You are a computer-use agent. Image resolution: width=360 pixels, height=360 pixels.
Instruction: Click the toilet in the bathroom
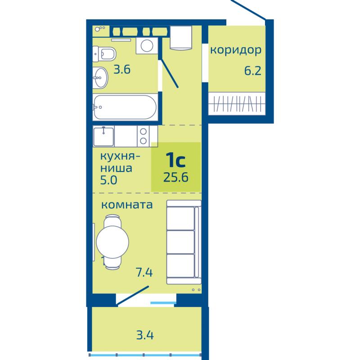(x=104, y=54)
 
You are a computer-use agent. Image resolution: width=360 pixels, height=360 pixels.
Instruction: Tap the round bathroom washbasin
(x=100, y=77)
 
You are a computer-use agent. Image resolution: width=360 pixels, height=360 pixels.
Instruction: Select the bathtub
(x=125, y=107)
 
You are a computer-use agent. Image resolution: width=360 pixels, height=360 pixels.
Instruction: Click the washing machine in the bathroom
(x=147, y=45)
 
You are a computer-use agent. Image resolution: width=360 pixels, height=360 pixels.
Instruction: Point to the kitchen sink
(x=103, y=136)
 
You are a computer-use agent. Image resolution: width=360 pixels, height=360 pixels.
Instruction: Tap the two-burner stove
(x=143, y=136)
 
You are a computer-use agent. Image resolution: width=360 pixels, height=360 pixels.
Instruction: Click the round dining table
(x=112, y=242)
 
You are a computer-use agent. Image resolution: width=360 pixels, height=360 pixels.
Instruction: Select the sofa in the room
(x=184, y=242)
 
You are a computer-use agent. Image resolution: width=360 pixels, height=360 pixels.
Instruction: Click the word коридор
(x=236, y=50)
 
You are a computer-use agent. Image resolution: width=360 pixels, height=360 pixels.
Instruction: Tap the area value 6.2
(x=252, y=71)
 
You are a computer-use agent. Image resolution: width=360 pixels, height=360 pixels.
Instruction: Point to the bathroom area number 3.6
(x=122, y=69)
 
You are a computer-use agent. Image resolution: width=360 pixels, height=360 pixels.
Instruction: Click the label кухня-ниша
(x=120, y=162)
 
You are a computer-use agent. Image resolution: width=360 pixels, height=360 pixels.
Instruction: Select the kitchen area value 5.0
(x=108, y=180)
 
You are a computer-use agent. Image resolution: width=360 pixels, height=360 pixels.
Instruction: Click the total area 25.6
(x=176, y=177)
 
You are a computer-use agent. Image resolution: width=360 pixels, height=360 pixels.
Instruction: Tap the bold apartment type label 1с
(x=175, y=160)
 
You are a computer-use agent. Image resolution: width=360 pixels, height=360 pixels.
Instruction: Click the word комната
(x=127, y=205)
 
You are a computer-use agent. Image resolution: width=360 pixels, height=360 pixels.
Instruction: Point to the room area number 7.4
(x=144, y=273)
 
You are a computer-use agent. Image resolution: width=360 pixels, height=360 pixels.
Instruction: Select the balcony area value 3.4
(x=145, y=335)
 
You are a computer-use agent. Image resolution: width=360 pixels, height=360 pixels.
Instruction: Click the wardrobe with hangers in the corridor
(x=237, y=103)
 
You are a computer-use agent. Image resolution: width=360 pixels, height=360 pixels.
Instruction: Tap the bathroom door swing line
(x=170, y=73)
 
